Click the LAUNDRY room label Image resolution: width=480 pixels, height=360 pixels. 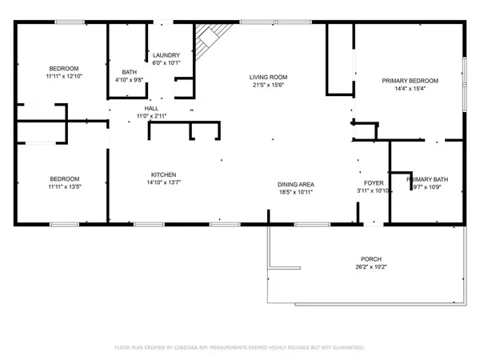[167, 54]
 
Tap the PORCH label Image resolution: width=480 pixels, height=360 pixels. [370, 259]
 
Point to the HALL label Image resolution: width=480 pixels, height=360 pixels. [150, 109]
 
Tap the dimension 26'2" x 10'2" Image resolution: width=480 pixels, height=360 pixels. [370, 267]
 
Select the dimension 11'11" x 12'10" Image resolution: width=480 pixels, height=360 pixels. [65, 75]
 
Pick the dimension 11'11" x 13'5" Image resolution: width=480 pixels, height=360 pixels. [65, 186]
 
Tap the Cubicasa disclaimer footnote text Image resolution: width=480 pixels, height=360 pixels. [239, 348]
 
